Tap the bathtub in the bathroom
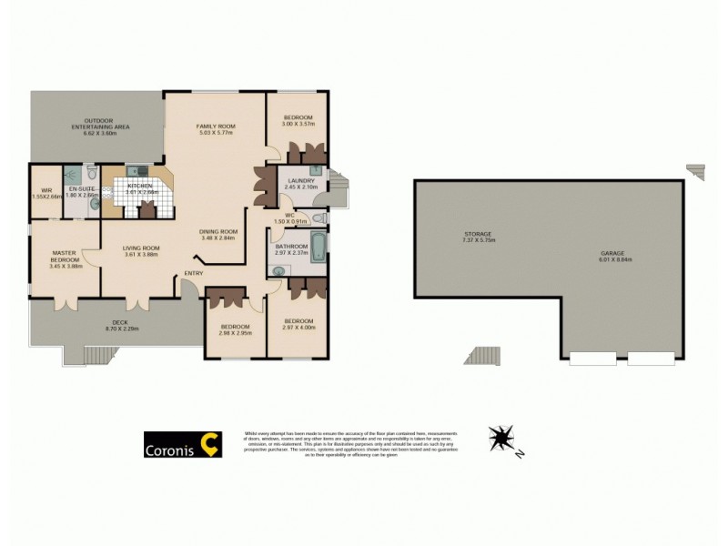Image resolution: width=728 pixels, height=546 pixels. (x=318, y=247)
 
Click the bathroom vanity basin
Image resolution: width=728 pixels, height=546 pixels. (x=278, y=269)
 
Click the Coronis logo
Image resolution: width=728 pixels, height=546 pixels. (x=183, y=444)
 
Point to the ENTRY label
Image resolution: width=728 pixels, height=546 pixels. (x=193, y=273)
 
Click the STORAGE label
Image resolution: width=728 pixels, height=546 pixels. (x=477, y=234)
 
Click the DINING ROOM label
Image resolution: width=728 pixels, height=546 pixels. (x=218, y=230)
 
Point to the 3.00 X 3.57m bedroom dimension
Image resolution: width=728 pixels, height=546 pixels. (x=298, y=124)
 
